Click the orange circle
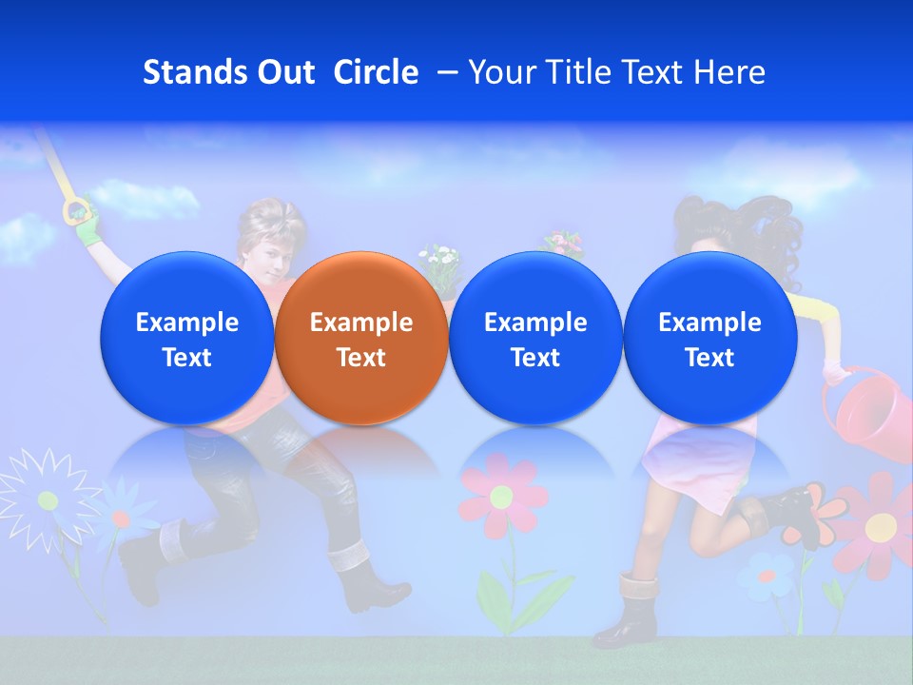(x=361, y=338)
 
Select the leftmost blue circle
(x=186, y=338)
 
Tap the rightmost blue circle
(x=709, y=338)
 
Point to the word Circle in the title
(x=376, y=72)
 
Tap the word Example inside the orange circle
(x=361, y=323)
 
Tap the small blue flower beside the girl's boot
(x=767, y=576)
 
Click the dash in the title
(x=444, y=72)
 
